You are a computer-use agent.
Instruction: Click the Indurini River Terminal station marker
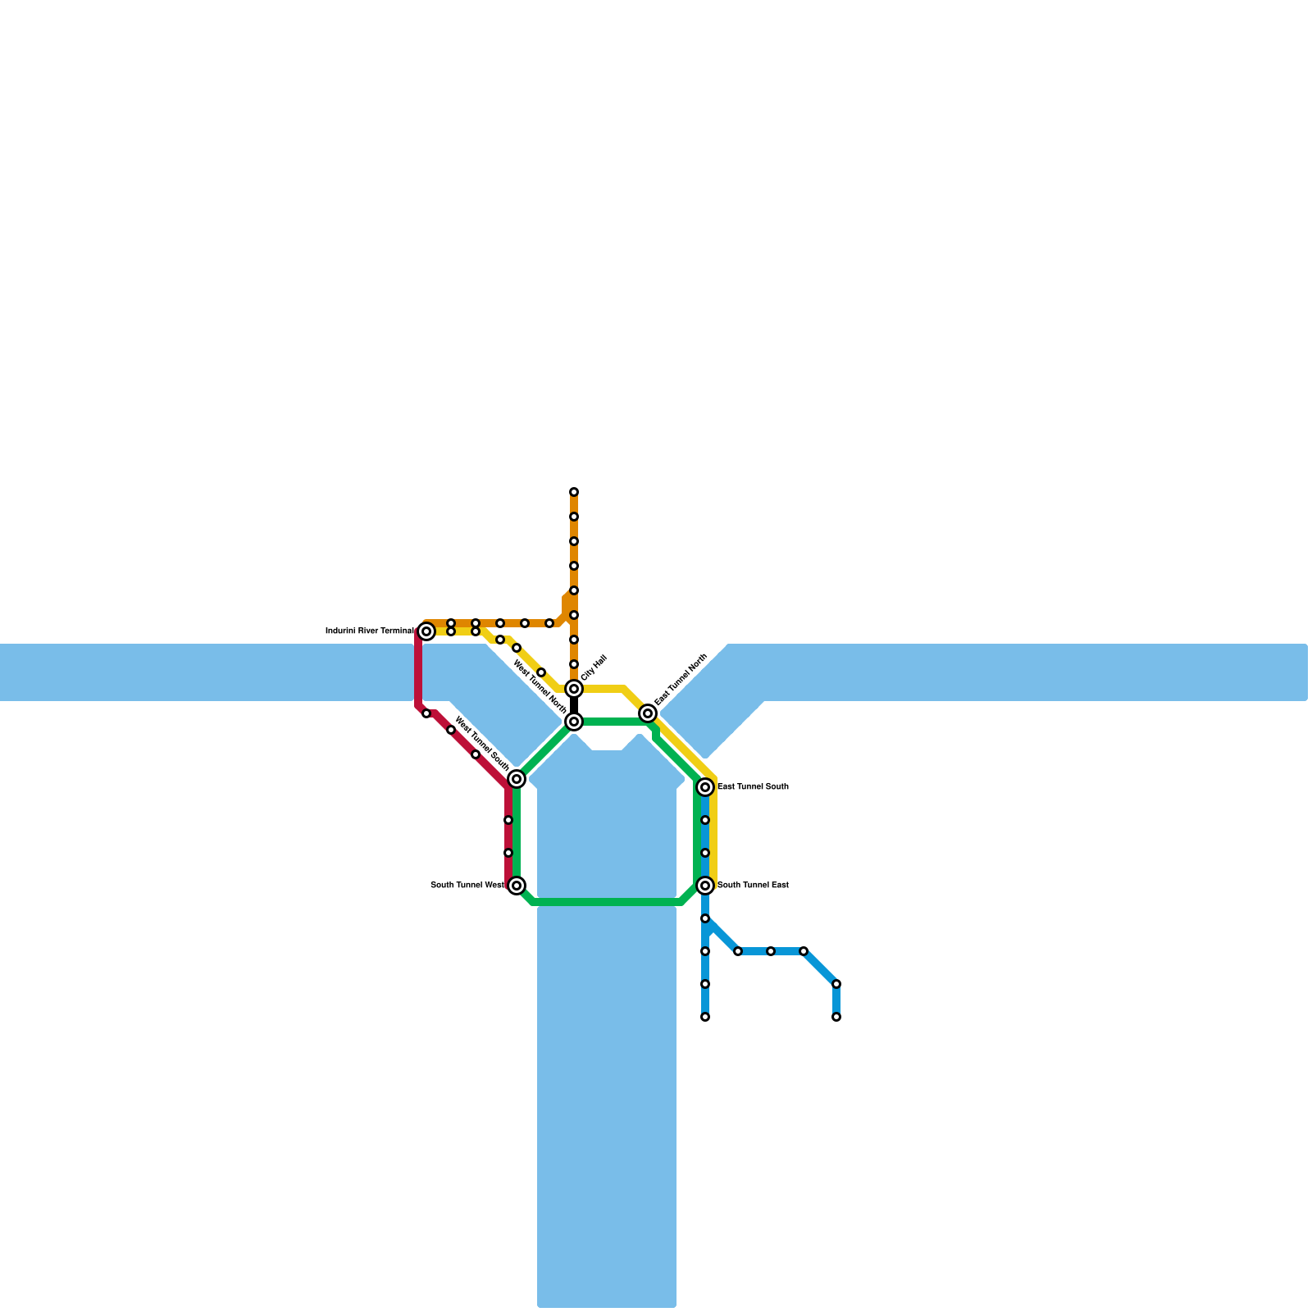click(426, 631)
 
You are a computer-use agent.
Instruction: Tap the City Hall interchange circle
click(574, 689)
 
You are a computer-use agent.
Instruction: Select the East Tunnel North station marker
click(648, 713)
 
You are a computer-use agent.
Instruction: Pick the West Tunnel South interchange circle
click(517, 779)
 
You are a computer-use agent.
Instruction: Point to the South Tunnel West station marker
click(517, 886)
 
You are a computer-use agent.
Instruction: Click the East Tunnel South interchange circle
click(705, 787)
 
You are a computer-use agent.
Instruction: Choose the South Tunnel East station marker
click(705, 886)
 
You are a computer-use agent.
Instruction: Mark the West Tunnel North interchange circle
click(574, 722)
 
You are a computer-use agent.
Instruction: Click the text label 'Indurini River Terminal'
click(370, 631)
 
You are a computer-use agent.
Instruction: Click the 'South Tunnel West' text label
click(467, 886)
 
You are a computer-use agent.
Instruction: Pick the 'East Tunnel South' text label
click(753, 787)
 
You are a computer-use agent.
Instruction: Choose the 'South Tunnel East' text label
click(753, 886)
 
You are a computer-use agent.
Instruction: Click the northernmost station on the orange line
click(574, 492)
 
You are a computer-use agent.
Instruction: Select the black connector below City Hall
click(574, 705)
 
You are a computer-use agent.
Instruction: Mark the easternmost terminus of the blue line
click(836, 1017)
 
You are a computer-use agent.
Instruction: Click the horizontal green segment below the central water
click(607, 902)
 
